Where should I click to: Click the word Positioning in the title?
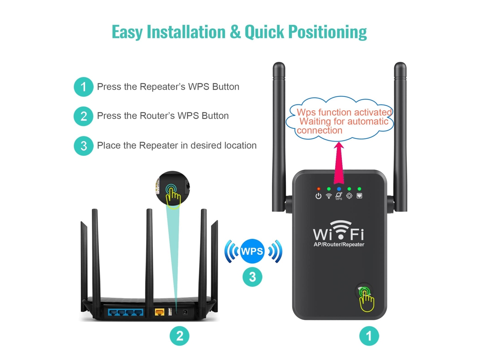[x=327, y=32]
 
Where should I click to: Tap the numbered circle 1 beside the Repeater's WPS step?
[x=83, y=87]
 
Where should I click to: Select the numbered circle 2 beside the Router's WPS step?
[x=83, y=116]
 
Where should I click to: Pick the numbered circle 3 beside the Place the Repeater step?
[x=83, y=146]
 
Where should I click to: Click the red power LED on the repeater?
[x=318, y=189]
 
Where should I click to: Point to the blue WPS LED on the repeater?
[x=339, y=189]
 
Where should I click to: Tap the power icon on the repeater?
[x=318, y=196]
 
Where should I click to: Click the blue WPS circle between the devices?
[x=252, y=251]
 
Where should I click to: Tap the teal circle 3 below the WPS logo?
[x=252, y=277]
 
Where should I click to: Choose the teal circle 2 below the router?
[x=179, y=336]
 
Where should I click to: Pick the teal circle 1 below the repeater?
[x=369, y=336]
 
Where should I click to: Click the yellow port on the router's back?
[x=160, y=312]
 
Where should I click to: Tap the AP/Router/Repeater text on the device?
[x=339, y=245]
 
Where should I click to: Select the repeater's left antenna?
[x=279, y=137]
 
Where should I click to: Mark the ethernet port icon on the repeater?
[x=360, y=196]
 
